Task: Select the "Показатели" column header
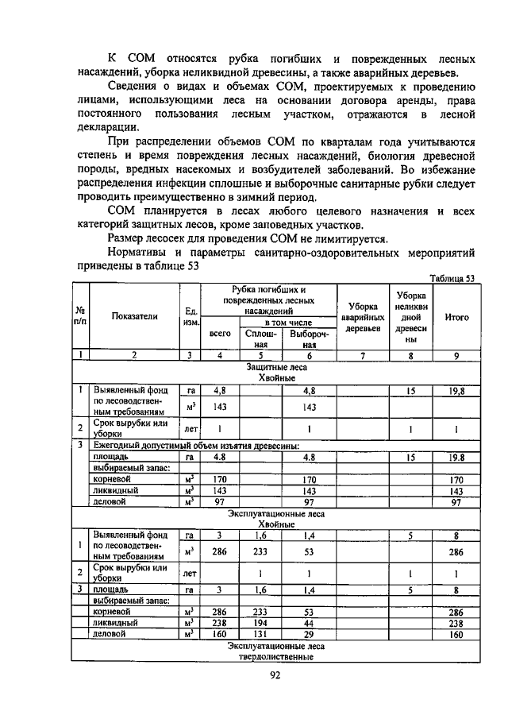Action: (x=134, y=316)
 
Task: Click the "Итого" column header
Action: (x=456, y=317)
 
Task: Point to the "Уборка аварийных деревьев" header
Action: (x=362, y=317)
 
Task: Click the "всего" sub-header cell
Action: (x=219, y=334)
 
